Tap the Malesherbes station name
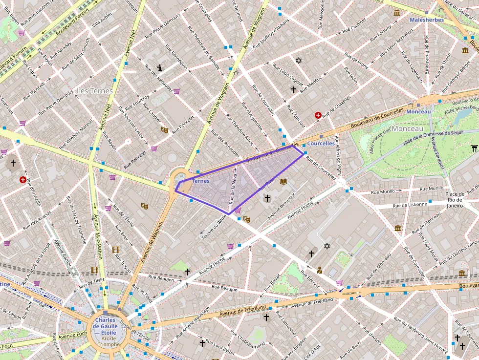426,20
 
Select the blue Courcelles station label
321,144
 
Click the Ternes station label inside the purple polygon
200,181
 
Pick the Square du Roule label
215,227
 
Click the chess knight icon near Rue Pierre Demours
159,68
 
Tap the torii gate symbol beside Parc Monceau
474,148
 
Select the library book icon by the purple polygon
283,182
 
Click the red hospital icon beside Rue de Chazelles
318,115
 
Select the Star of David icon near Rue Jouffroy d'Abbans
299,61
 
